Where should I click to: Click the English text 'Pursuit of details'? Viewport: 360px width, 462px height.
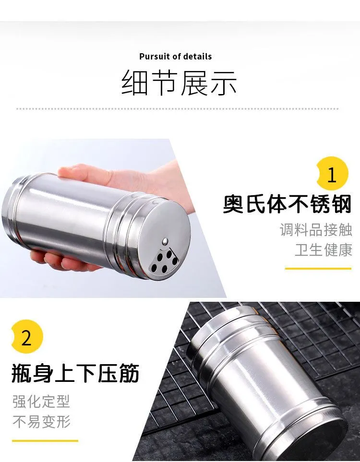(x=175, y=56)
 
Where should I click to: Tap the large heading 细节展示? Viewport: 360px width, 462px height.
(x=179, y=83)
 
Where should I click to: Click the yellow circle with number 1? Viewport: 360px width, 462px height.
(x=332, y=174)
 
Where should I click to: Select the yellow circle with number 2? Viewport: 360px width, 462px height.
(x=27, y=336)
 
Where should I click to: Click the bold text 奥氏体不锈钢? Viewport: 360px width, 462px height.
(x=288, y=203)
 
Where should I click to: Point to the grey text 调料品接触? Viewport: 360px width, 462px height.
(x=316, y=230)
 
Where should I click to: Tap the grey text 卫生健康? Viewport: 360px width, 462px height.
(x=324, y=250)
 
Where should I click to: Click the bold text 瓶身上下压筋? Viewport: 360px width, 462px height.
(x=75, y=373)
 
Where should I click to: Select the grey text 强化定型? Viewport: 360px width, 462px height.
(x=41, y=401)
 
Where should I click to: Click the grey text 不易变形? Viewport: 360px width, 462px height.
(x=41, y=421)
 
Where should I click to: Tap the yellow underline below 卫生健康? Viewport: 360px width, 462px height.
(x=318, y=268)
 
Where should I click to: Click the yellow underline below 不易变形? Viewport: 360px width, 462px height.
(x=45, y=441)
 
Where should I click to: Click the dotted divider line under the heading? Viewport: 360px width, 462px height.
(x=178, y=109)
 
